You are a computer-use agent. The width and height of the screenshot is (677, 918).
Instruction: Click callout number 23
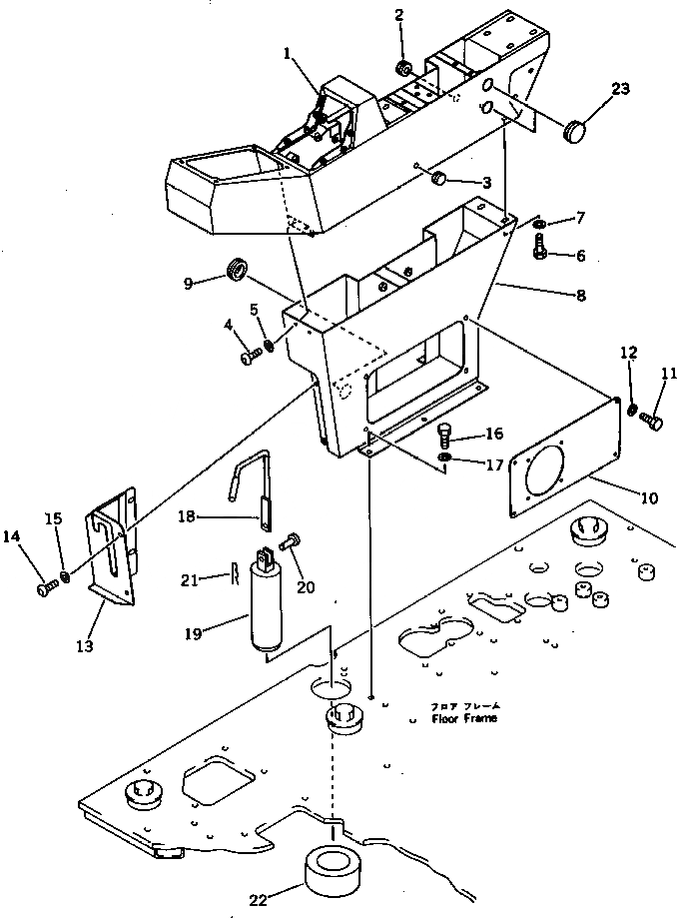click(620, 89)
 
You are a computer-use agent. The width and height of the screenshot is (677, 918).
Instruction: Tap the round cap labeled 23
click(577, 128)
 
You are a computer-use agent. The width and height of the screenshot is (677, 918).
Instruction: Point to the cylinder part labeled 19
click(271, 610)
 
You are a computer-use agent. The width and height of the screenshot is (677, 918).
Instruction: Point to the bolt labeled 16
click(445, 435)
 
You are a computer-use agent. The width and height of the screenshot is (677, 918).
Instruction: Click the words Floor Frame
click(463, 718)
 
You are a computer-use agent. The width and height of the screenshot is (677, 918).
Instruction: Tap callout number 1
click(289, 57)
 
